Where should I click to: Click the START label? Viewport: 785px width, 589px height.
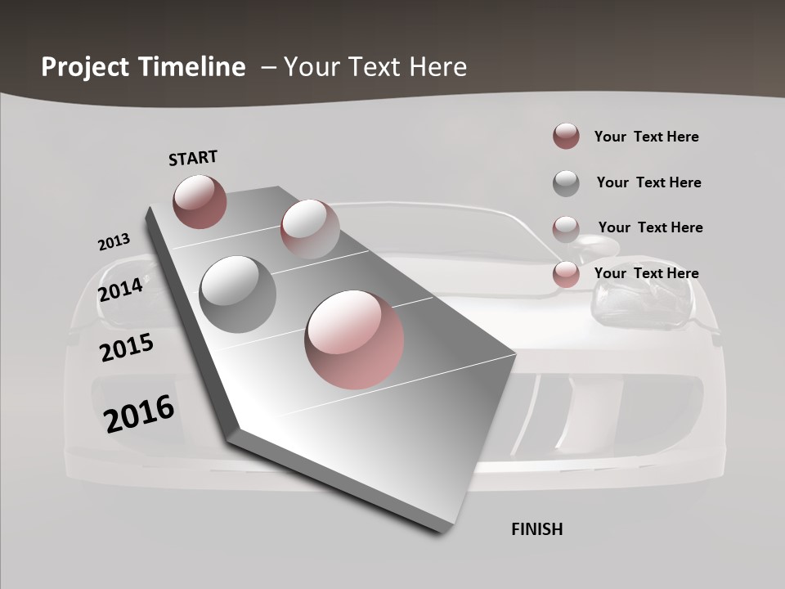click(x=193, y=158)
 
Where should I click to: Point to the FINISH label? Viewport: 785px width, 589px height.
click(x=537, y=529)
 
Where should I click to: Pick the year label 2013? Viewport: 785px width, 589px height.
click(x=114, y=242)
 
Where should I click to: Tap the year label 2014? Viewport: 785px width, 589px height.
click(x=120, y=290)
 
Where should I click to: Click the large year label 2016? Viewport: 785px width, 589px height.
click(x=139, y=414)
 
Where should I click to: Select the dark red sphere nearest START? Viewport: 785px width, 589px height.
click(x=200, y=201)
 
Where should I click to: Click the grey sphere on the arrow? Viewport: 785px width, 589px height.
click(x=238, y=294)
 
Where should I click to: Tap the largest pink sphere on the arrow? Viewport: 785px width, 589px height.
click(x=354, y=339)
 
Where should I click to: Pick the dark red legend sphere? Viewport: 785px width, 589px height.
click(x=566, y=137)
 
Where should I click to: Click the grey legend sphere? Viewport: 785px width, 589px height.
click(x=566, y=182)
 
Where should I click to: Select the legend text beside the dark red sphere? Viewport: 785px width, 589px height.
click(x=646, y=137)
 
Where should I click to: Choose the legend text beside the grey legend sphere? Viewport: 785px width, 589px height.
click(x=648, y=182)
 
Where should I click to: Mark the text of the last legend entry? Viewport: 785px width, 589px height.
click(x=646, y=273)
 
